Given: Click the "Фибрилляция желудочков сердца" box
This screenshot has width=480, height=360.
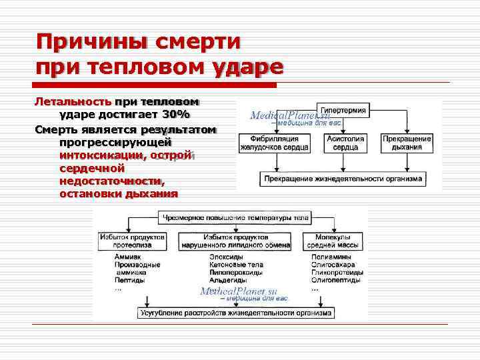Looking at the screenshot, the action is (274, 142).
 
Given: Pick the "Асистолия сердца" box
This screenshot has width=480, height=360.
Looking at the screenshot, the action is (345, 142).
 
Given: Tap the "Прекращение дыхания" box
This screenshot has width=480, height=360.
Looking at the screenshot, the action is (407, 142).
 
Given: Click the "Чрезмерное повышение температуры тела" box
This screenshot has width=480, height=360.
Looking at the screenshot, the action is (233, 217).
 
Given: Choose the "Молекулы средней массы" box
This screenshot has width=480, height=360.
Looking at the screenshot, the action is (334, 241).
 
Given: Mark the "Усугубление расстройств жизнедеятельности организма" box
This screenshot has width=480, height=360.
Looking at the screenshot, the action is (237, 312).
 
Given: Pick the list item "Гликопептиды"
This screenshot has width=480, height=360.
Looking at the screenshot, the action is (337, 273).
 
